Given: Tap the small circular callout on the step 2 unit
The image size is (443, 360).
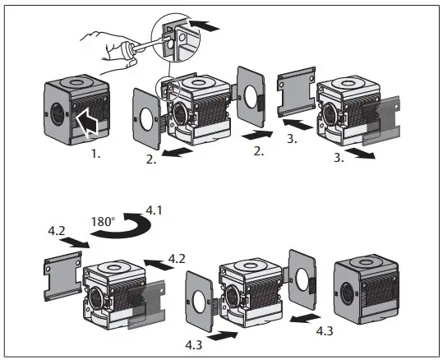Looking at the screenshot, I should click(168, 86).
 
